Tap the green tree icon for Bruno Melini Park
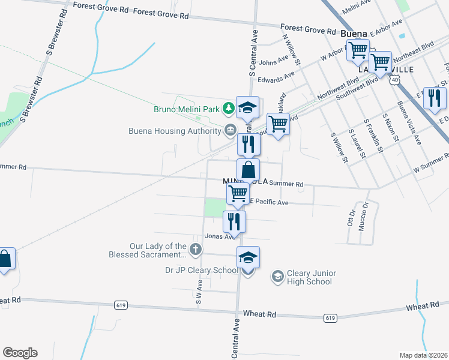tap(228, 109)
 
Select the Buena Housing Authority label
tap(175, 131)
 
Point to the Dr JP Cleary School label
tap(202, 270)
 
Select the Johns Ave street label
tap(274, 62)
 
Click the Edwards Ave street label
tap(276, 77)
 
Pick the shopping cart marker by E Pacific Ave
tap(238, 193)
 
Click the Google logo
tap(20, 353)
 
